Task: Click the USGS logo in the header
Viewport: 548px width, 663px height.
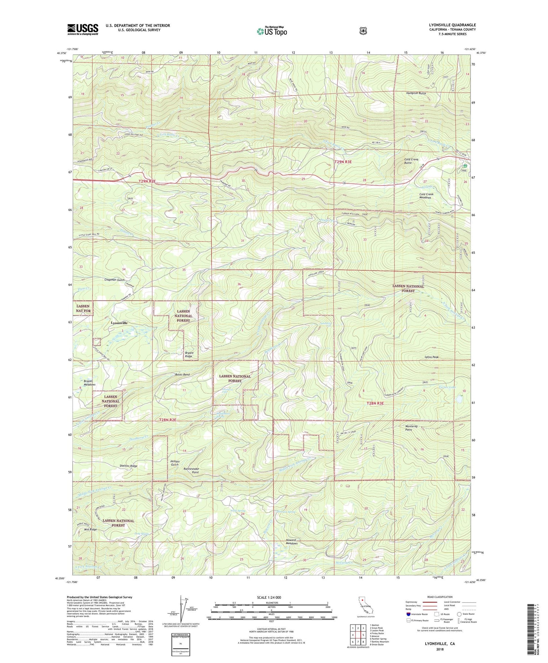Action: (83, 29)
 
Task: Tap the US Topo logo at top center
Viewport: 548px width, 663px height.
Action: (272, 31)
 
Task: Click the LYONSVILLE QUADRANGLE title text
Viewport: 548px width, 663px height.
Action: (452, 25)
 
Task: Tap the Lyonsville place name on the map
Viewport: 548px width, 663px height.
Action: (119, 323)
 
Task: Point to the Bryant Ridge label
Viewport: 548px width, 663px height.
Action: (189, 354)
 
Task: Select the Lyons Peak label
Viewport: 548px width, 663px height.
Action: (431, 357)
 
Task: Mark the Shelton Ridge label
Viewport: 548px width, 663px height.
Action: (128, 466)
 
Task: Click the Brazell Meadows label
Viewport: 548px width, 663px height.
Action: (89, 383)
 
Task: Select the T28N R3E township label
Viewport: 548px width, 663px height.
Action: (375, 403)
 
